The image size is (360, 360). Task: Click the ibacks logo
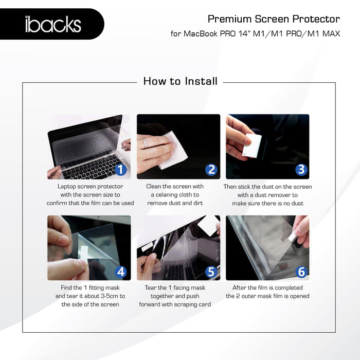(x=53, y=24)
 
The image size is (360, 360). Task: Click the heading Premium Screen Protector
(x=274, y=19)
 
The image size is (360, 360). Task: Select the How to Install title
(x=180, y=81)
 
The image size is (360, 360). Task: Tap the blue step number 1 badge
(x=120, y=169)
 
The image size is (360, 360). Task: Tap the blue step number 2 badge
(x=211, y=170)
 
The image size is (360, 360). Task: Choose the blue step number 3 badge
(x=301, y=170)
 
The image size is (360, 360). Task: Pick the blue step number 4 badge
(x=121, y=271)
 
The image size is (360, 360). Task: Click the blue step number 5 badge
(x=211, y=271)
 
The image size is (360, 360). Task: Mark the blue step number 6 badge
(x=301, y=271)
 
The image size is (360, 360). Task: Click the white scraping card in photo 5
(x=208, y=225)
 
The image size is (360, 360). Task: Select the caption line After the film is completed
(x=267, y=288)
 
